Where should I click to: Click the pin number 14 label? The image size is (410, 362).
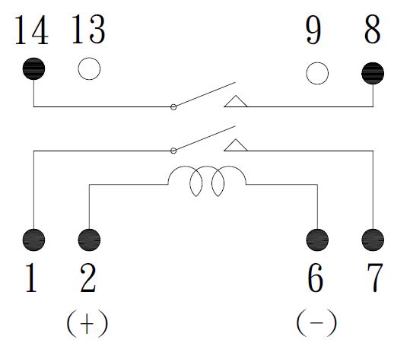pos(32,30)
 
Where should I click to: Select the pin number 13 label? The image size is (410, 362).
pos(88,29)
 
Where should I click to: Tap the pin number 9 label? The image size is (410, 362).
pos(313,29)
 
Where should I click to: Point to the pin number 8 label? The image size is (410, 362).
pos(373,29)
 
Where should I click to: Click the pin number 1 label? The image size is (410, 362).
pos(31,278)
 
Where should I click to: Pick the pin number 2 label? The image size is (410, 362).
pos(88,278)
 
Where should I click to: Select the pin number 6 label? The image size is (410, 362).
pos(315,278)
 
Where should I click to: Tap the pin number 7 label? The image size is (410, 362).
pos(375,278)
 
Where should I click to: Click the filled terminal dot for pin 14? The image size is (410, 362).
pos(33,68)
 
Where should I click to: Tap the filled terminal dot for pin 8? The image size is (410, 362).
pos(373,73)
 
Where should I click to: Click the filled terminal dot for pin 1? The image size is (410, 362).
pos(33,240)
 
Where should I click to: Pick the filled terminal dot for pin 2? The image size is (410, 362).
pos(89,240)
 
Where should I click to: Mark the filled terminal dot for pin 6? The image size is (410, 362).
pos(317,240)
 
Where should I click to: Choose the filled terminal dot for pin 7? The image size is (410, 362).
pos(373,240)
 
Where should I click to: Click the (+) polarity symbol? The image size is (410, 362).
pos(87,323)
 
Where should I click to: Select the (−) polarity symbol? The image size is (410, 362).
pos(316,322)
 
